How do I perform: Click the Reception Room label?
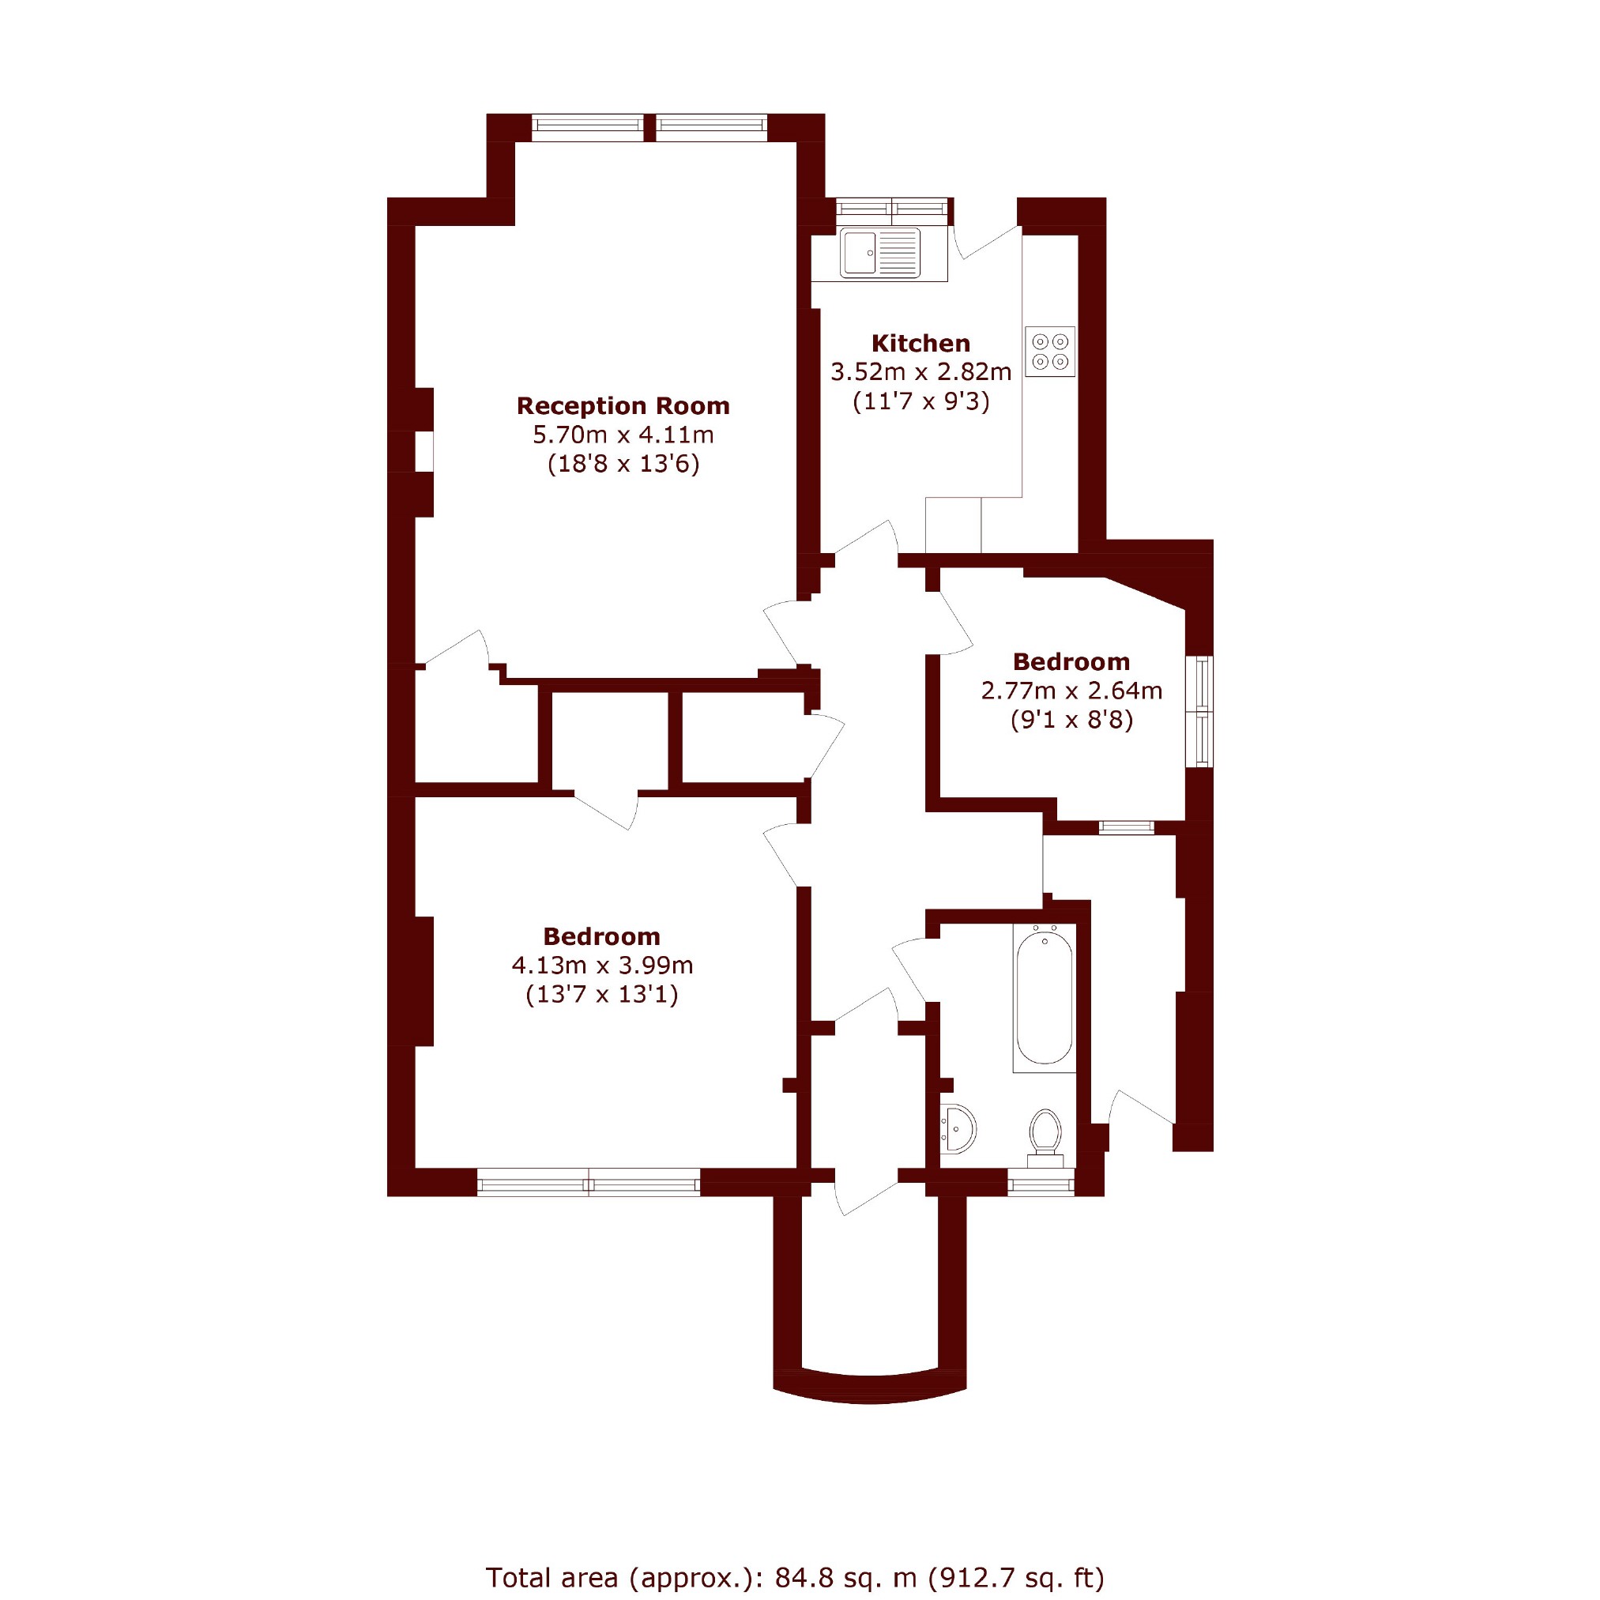[623, 406]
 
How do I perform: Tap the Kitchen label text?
[921, 343]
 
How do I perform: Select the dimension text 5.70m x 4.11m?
[623, 434]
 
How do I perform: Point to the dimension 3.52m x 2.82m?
[921, 372]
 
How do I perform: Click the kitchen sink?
[879, 253]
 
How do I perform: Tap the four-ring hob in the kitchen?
[1050, 351]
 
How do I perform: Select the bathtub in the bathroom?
[1045, 998]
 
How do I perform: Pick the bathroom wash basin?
[958, 1128]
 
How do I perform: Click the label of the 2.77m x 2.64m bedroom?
[1071, 661]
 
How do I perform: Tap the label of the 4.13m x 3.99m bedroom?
[602, 936]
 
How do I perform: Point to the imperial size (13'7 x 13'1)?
[602, 994]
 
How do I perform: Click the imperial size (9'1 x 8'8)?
[1071, 719]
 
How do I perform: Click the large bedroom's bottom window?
[589, 1182]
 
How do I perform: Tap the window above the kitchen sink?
[892, 211]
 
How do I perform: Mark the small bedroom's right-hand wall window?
[1200, 711]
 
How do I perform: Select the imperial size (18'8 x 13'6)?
[623, 463]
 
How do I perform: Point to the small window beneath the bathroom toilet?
[1041, 1182]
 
